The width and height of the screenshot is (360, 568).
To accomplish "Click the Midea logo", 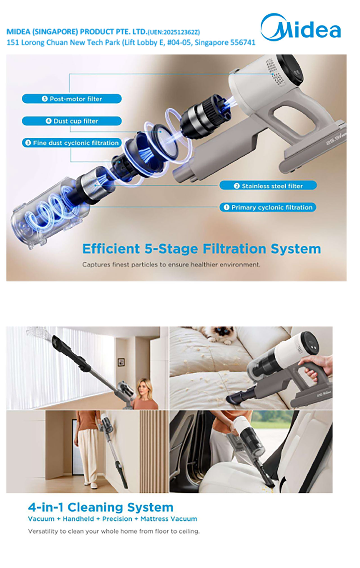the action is (x=301, y=27).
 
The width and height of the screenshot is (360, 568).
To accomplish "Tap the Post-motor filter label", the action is (x=72, y=99).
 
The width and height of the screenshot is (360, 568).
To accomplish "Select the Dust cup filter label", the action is (x=72, y=121).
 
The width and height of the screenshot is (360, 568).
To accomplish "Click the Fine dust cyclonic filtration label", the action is (x=72, y=143).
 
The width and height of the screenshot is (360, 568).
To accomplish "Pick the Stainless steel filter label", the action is (x=268, y=186).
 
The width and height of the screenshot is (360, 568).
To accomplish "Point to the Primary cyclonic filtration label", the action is (x=268, y=207).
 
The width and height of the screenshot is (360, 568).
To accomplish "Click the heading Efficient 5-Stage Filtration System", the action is (x=201, y=249).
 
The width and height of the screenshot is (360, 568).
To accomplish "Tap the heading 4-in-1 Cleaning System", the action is (x=100, y=507).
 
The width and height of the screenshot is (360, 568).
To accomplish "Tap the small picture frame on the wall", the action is (x=121, y=362).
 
